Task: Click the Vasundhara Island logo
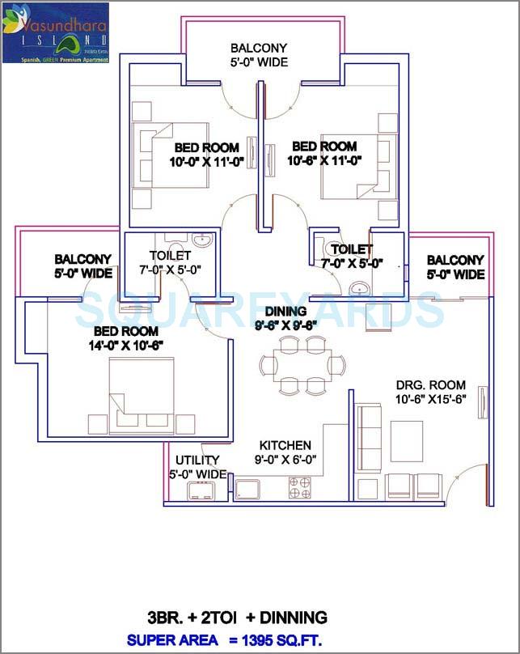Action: click(55, 32)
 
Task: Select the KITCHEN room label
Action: click(285, 445)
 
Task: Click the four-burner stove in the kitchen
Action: click(300, 487)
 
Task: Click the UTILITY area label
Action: click(197, 460)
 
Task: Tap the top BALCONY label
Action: click(259, 48)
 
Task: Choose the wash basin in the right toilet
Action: click(358, 289)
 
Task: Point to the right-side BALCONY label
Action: click(455, 260)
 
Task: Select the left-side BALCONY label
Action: click(83, 259)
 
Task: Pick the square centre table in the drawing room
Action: click(406, 440)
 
